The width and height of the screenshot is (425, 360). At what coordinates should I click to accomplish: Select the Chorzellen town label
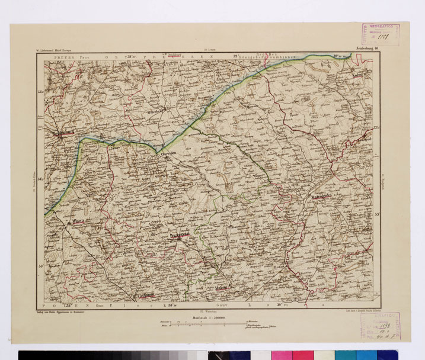[170, 152]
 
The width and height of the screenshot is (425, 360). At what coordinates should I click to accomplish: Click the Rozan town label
[279, 267]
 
